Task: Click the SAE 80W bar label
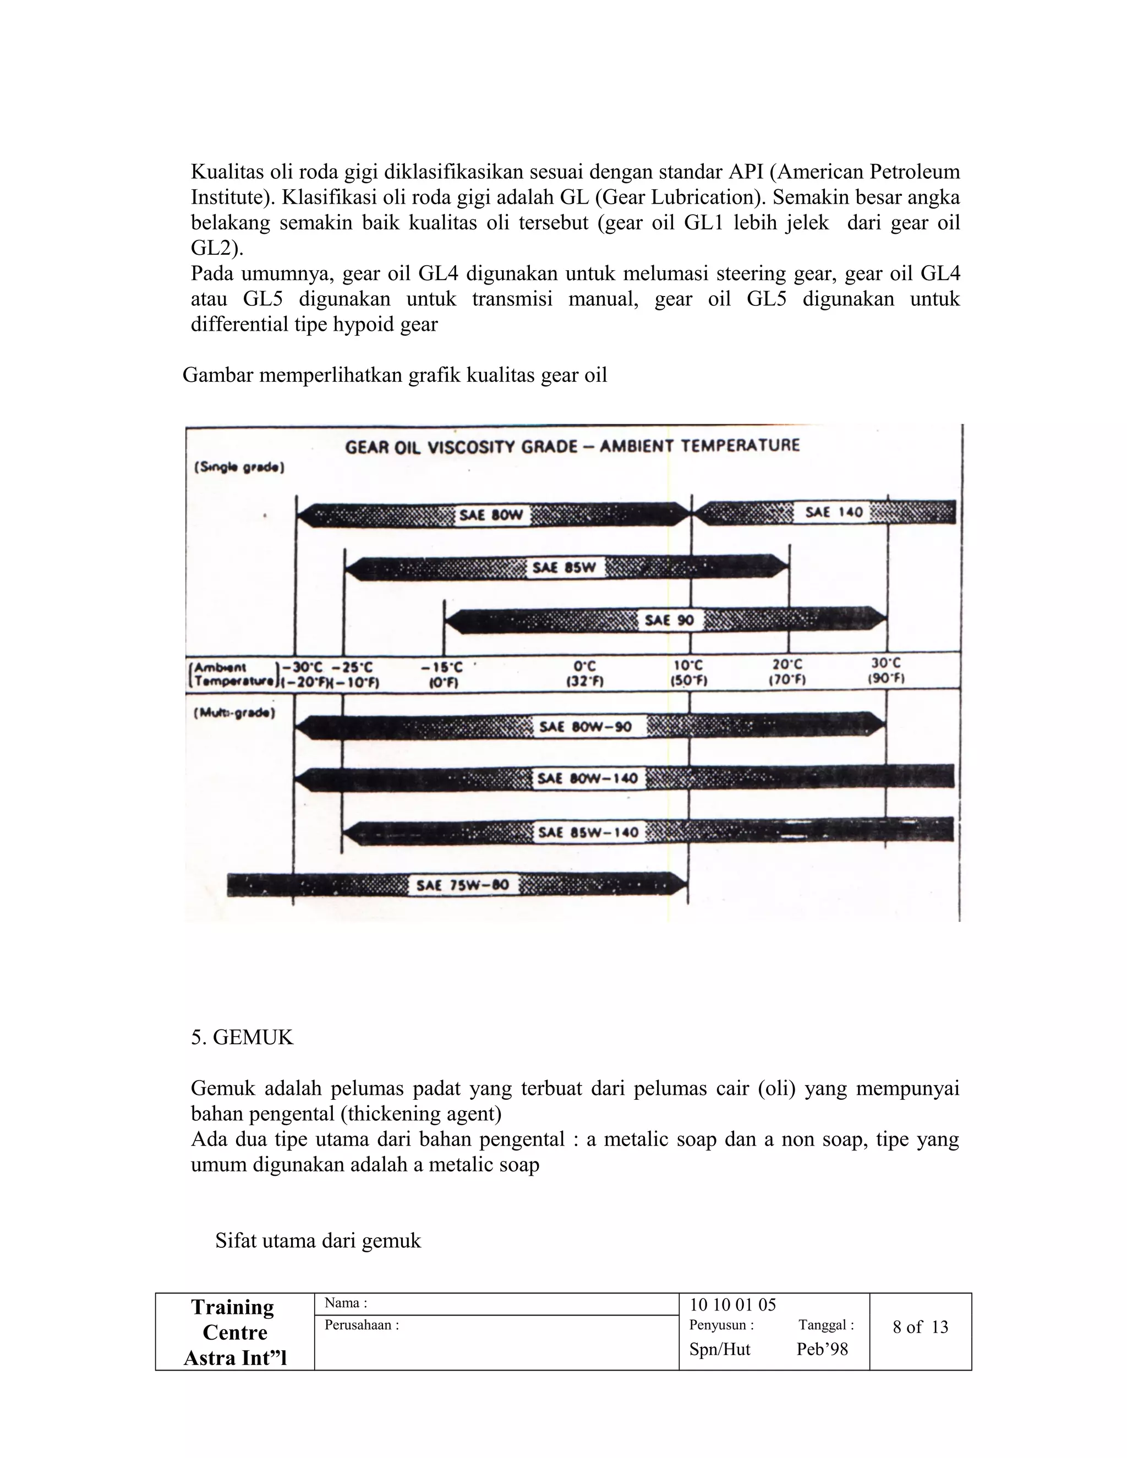(x=491, y=516)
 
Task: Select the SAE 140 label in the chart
(x=833, y=512)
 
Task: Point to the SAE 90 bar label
(x=669, y=620)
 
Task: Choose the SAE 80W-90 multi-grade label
(x=585, y=726)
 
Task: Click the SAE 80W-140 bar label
(x=588, y=779)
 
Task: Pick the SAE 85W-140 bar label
(x=588, y=832)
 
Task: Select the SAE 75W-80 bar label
(x=463, y=885)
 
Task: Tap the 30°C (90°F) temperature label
(x=886, y=670)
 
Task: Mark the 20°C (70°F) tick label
(x=788, y=672)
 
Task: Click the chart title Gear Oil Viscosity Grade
(x=572, y=446)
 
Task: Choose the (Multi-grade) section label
(x=234, y=712)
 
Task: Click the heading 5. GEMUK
(x=242, y=1038)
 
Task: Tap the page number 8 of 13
(x=920, y=1327)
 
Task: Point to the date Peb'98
(x=822, y=1349)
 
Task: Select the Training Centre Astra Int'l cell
(x=235, y=1333)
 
